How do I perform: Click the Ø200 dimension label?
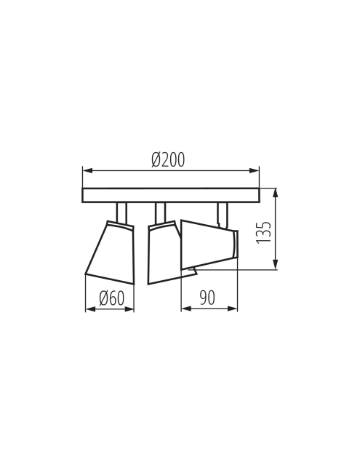168,159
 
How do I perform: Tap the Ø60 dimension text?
112,298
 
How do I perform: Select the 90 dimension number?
207,298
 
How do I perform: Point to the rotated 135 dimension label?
263,232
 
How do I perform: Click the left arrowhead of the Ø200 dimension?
87,170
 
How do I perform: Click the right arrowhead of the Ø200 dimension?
255,170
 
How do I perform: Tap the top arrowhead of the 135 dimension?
275,193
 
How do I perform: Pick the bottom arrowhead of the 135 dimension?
275,264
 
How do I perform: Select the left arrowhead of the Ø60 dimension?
90,309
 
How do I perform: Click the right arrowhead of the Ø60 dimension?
129,309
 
